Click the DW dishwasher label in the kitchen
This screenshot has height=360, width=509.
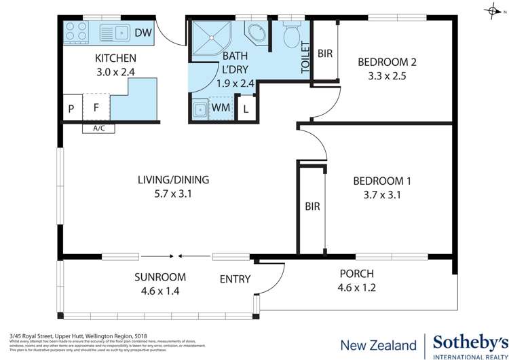point(143,32)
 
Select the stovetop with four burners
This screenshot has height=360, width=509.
point(75,31)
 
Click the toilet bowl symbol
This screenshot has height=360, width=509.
point(292,33)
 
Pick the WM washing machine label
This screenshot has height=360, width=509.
point(221,108)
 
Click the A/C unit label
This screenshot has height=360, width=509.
point(90,128)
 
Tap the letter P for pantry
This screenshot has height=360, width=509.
point(71,108)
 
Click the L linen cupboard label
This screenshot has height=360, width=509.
point(246,109)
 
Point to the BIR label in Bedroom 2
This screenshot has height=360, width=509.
point(324,52)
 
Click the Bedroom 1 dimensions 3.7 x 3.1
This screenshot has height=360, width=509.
point(383,195)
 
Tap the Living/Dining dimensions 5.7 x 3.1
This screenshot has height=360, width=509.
point(173,194)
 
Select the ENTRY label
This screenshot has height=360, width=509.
point(235,278)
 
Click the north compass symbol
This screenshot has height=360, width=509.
point(491,11)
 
